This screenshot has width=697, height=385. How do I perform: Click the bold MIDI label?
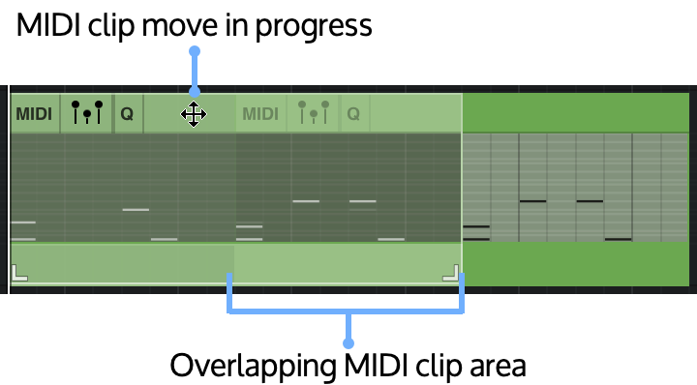(x=34, y=114)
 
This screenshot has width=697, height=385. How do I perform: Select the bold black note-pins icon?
(x=87, y=112)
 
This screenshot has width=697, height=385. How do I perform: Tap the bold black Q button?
(x=127, y=114)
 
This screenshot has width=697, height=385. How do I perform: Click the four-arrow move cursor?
(x=194, y=114)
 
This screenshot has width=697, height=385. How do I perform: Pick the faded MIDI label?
(x=259, y=114)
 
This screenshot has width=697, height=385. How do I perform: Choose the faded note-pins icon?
(x=313, y=112)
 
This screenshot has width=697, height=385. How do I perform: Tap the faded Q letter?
(x=353, y=114)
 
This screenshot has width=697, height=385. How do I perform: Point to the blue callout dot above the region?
(x=195, y=51)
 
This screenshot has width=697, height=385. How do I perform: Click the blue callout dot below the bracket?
(x=348, y=343)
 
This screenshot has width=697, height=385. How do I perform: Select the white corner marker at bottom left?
(x=19, y=273)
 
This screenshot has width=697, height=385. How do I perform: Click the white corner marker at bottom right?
(x=450, y=273)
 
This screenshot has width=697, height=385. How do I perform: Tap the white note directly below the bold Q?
(x=136, y=209)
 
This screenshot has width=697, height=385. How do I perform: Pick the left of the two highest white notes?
(x=306, y=201)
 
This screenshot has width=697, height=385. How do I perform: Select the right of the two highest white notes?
(x=363, y=201)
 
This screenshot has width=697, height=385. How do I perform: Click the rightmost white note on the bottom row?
(x=391, y=239)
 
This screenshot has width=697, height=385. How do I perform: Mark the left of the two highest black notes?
(x=532, y=201)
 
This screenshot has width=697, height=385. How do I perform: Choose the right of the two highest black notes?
(x=590, y=201)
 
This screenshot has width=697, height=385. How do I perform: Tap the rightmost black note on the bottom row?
(x=618, y=239)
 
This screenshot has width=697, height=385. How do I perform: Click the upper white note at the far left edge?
(x=22, y=222)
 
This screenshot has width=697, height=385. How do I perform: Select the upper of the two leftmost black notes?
(x=475, y=226)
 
